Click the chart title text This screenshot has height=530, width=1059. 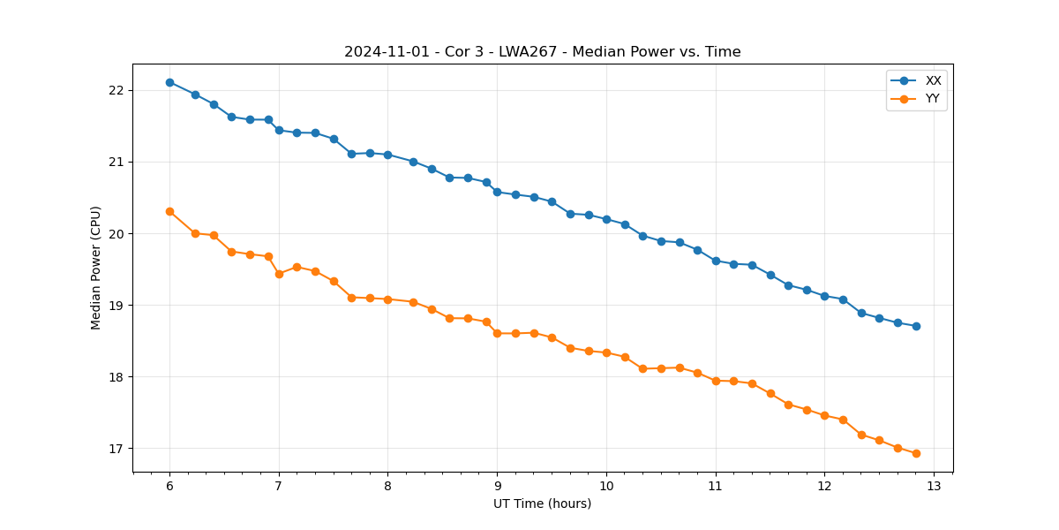click(542, 52)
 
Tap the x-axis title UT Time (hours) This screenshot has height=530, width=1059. click(542, 503)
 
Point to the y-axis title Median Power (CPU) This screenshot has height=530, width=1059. click(96, 268)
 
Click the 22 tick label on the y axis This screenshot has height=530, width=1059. click(117, 91)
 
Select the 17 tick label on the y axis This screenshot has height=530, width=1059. click(117, 449)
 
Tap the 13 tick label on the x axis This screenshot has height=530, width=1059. click(934, 487)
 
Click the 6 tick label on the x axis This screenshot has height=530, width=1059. click(169, 487)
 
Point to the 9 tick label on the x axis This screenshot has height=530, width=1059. click(497, 487)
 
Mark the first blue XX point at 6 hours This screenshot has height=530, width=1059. click(169, 82)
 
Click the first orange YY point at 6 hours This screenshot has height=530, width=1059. click(169, 211)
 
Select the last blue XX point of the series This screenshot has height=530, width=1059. click(916, 326)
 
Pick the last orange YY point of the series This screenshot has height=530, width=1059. click(916, 453)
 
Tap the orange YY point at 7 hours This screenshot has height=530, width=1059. click(279, 274)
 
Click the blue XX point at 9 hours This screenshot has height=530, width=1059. click(497, 192)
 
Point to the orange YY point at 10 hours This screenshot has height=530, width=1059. click(606, 352)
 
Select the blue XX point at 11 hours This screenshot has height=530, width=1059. click(716, 261)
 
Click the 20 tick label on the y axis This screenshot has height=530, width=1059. click(117, 234)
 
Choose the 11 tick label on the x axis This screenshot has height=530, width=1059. click(716, 487)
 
